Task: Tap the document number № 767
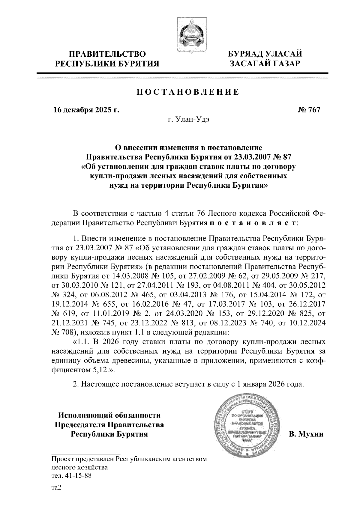(x=309, y=110)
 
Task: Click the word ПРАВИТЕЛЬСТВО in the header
(x=108, y=54)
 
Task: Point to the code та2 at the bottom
(x=56, y=488)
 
